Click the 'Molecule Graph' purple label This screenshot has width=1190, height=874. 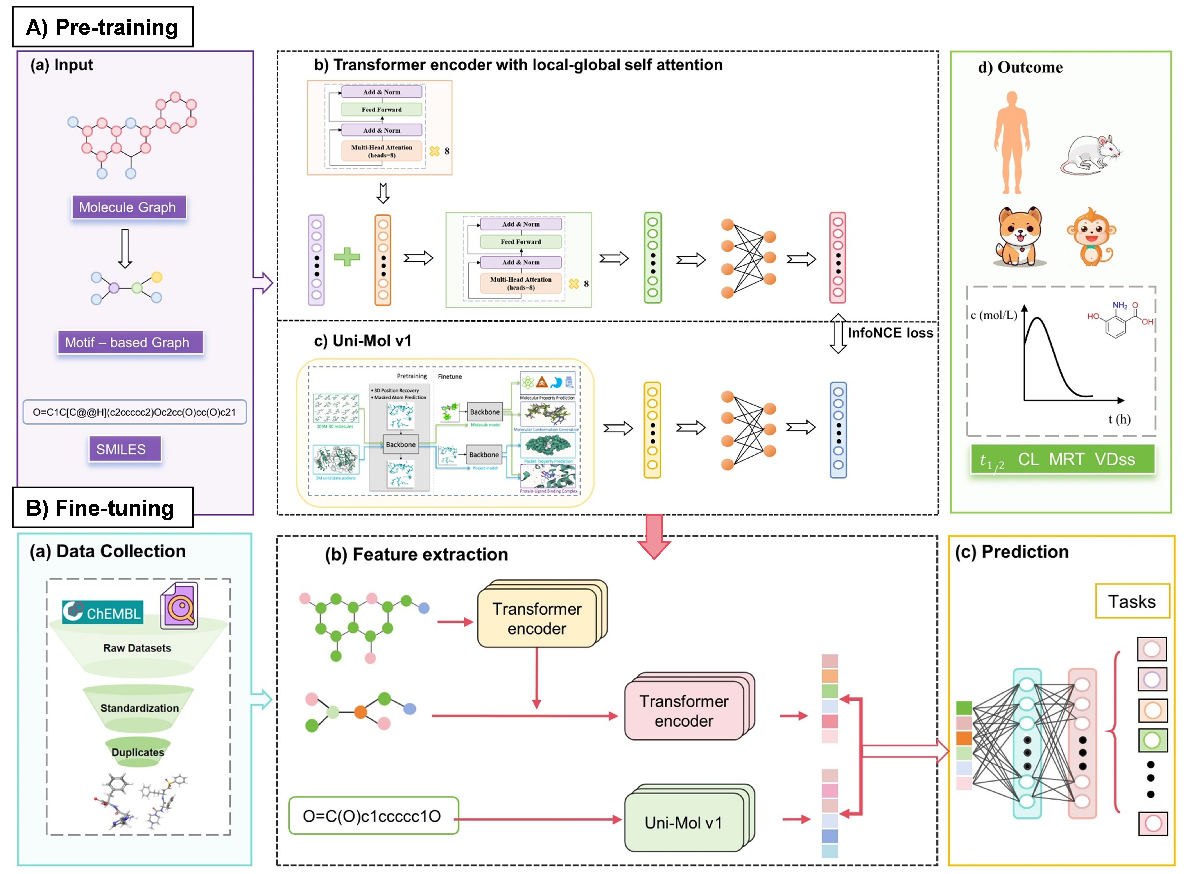click(x=129, y=207)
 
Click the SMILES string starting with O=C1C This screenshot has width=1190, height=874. click(x=134, y=412)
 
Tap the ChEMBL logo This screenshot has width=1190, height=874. click(x=103, y=612)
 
